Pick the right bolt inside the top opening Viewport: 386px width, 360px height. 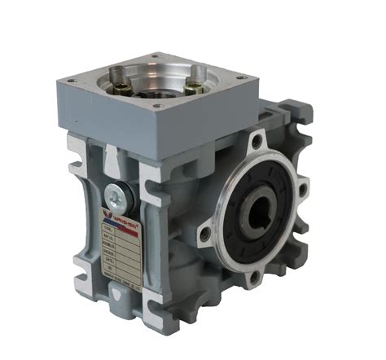point(196,81)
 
